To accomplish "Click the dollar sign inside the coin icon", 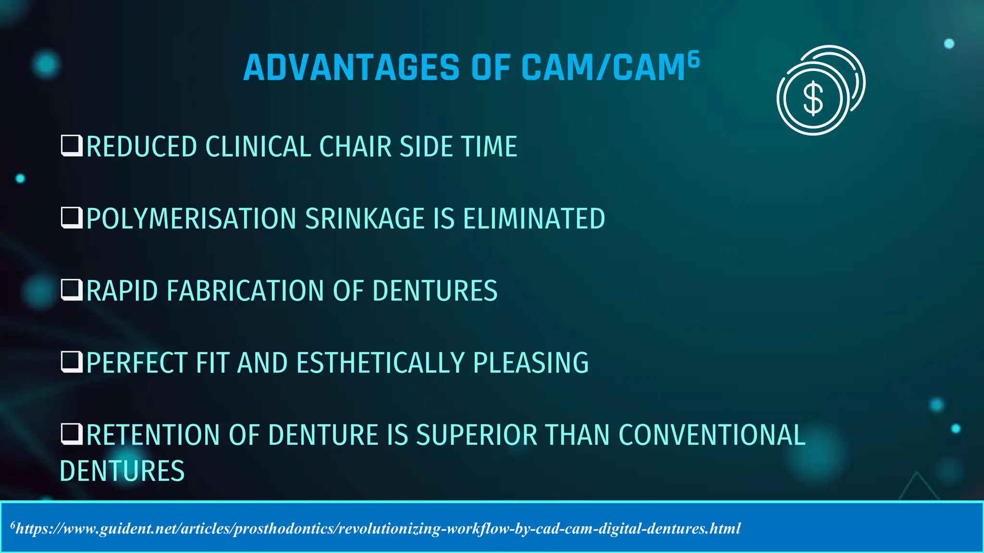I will click(813, 99).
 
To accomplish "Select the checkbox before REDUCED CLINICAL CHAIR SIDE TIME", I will click(72, 146).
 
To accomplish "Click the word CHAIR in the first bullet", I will click(356, 146).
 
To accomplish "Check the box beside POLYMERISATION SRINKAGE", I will click(72, 218).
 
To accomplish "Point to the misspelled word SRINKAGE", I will click(365, 219).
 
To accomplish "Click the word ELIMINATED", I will click(534, 219).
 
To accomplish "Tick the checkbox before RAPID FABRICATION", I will click(72, 290).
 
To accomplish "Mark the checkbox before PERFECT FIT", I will click(72, 362).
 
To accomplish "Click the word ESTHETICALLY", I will click(380, 363).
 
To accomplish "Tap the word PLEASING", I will click(531, 363).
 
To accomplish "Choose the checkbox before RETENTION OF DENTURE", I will click(72, 434).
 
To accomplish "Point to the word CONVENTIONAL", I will click(712, 435).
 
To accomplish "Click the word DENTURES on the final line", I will click(122, 471).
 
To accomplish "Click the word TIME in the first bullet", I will click(489, 146).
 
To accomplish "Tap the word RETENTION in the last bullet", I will click(153, 435).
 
